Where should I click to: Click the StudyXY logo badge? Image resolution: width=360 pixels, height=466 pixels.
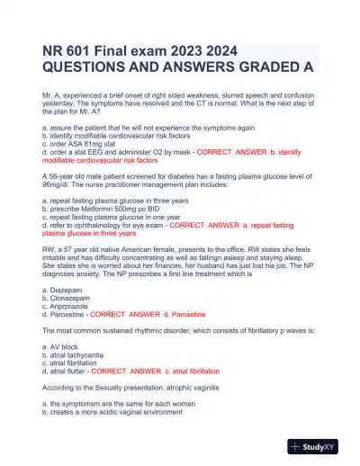point(320,445)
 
